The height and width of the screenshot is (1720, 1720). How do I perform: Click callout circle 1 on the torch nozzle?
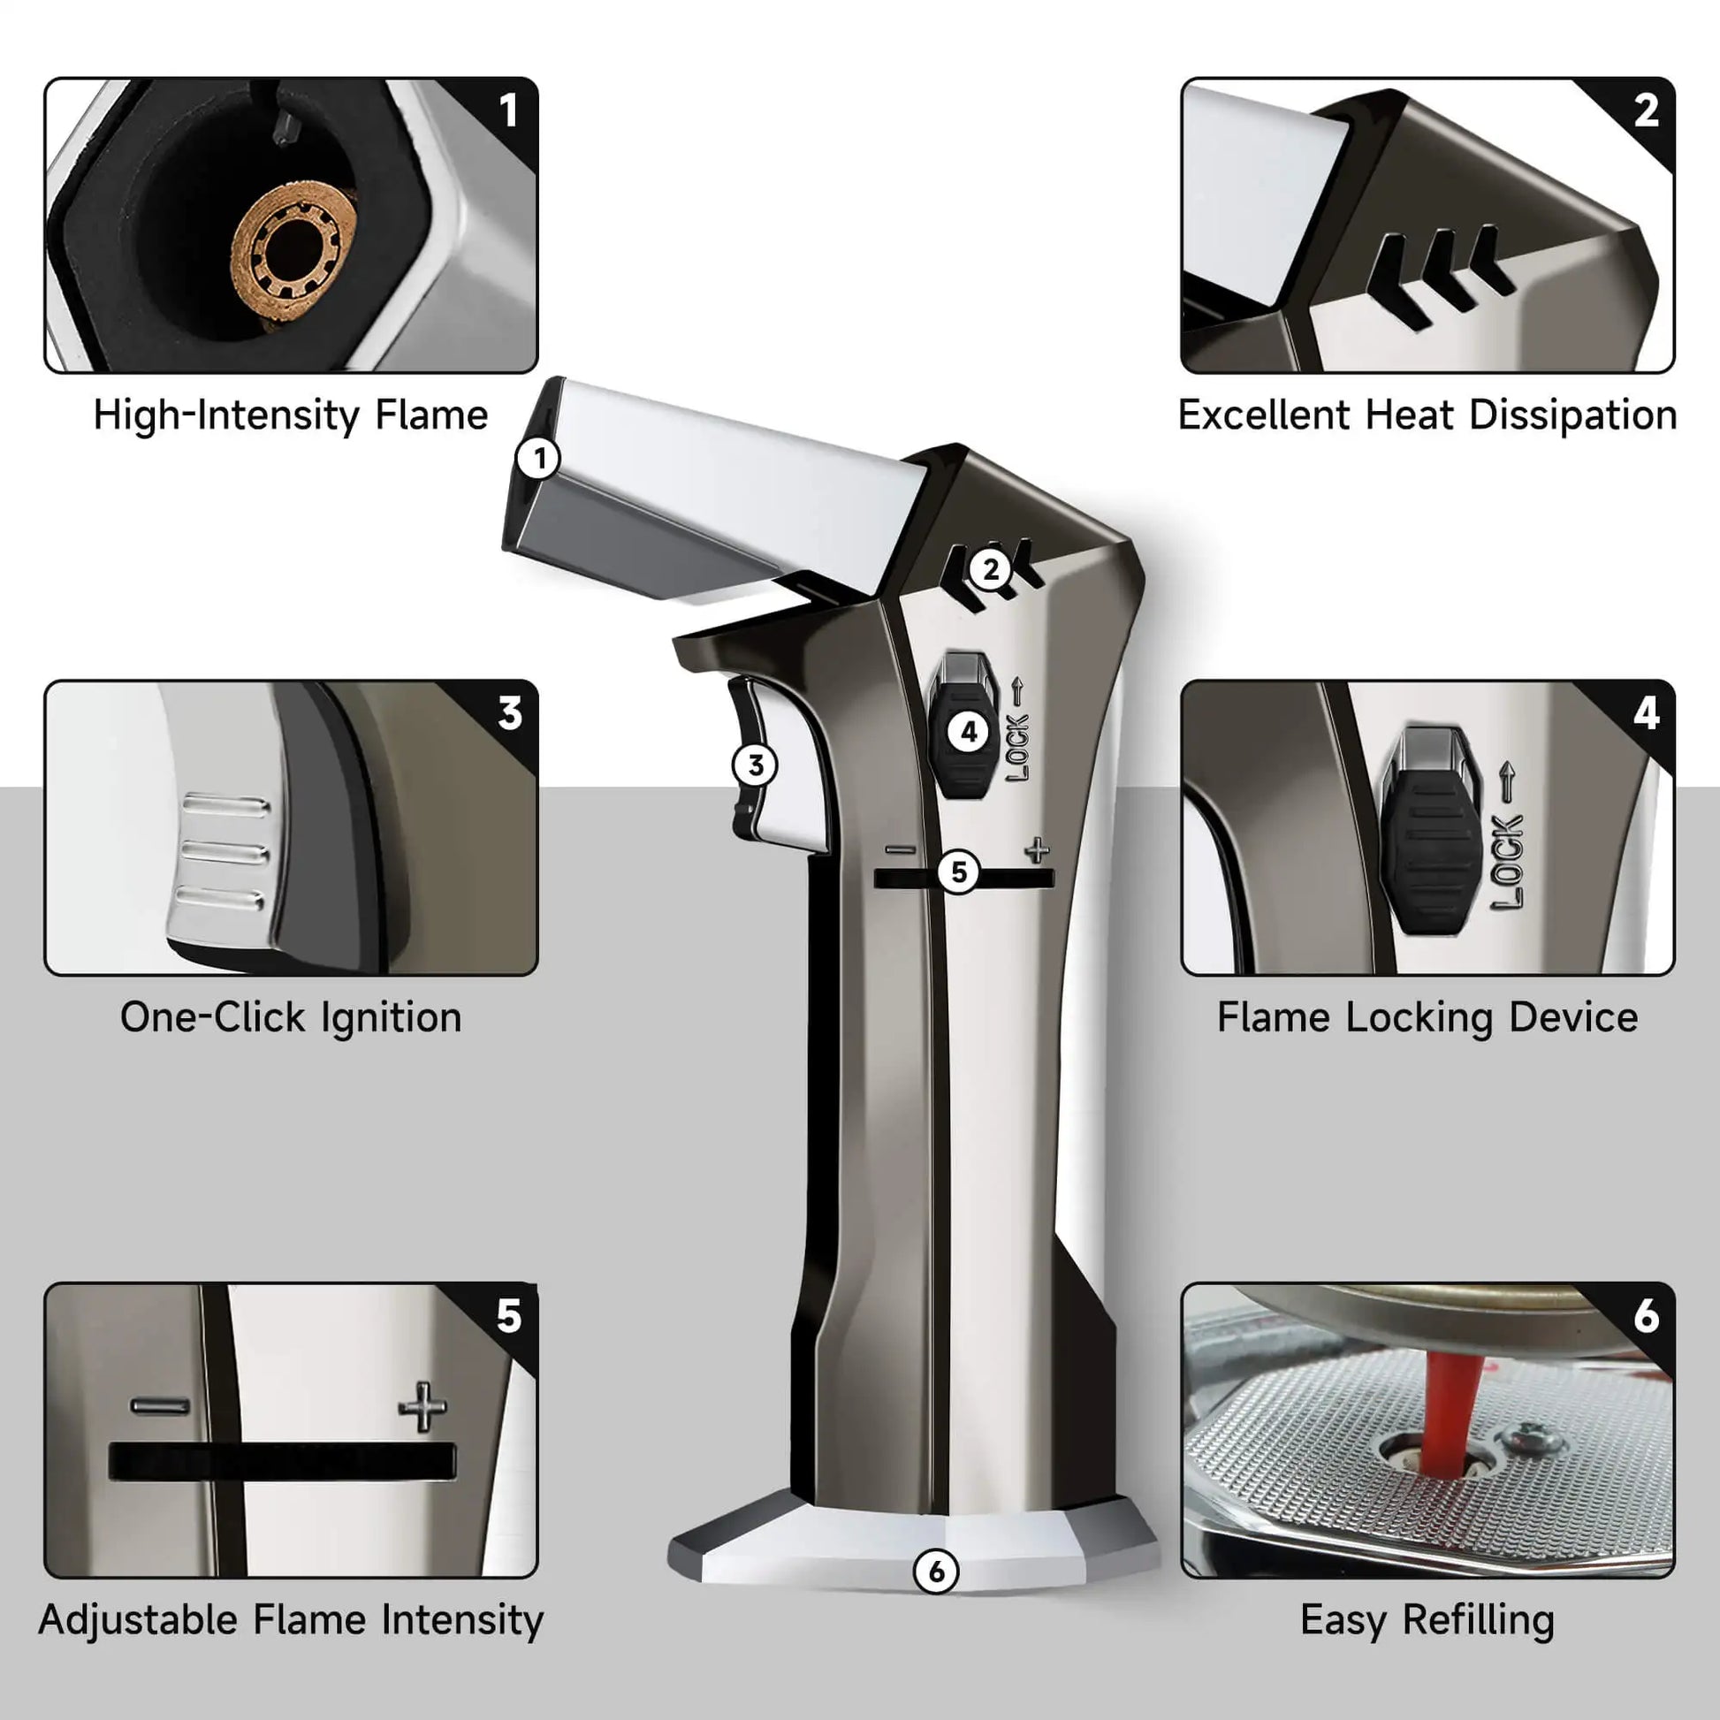click(x=538, y=460)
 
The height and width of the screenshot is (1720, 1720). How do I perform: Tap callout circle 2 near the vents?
click(x=991, y=569)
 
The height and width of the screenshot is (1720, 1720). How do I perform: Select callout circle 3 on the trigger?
click(x=755, y=765)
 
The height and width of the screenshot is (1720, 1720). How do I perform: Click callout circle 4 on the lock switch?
click(x=969, y=733)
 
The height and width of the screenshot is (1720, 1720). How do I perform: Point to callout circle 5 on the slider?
click(x=959, y=871)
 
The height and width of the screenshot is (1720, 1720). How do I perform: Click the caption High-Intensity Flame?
click(x=291, y=415)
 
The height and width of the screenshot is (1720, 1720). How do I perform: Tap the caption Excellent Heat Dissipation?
click(x=1427, y=415)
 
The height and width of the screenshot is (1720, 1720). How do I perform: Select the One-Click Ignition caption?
click(x=291, y=1017)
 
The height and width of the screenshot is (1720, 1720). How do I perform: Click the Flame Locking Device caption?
click(x=1427, y=1017)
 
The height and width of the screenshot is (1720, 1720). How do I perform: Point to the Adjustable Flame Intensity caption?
click(x=291, y=1619)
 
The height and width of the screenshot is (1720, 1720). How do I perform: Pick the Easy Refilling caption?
click(x=1427, y=1619)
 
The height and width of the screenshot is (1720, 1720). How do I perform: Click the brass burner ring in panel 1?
click(x=293, y=252)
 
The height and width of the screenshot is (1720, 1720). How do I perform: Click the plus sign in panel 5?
click(x=422, y=1407)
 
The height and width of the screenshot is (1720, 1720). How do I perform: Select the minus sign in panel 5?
click(x=160, y=1406)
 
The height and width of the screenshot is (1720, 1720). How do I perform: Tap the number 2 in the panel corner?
click(x=1646, y=110)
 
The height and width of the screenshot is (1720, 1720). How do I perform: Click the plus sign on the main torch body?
click(x=1037, y=850)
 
